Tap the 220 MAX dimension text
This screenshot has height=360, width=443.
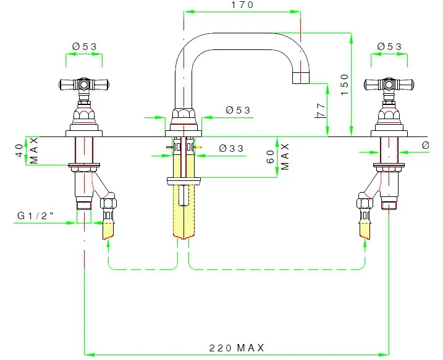click(237, 348)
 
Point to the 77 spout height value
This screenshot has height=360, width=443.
click(321, 111)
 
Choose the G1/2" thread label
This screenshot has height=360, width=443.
click(36, 216)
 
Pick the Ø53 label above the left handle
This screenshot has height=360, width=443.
click(84, 46)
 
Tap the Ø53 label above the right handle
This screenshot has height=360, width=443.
click(389, 46)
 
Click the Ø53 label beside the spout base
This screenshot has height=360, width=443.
click(238, 110)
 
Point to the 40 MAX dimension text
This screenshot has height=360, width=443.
click(26, 150)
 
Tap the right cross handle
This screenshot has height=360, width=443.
click(389, 83)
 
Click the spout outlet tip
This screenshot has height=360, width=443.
click(301, 78)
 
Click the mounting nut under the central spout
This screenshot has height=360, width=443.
click(184, 181)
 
